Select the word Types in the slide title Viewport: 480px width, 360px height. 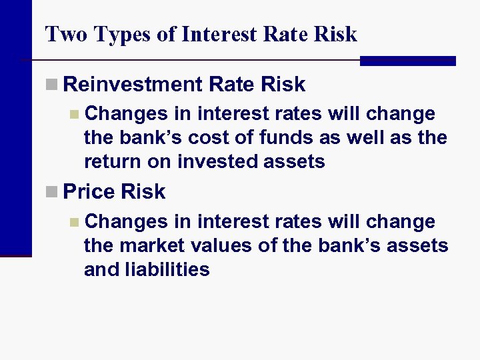point(113,35)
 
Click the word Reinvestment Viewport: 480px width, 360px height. point(133,85)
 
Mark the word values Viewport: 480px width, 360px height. point(223,245)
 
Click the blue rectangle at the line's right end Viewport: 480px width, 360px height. point(407,61)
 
